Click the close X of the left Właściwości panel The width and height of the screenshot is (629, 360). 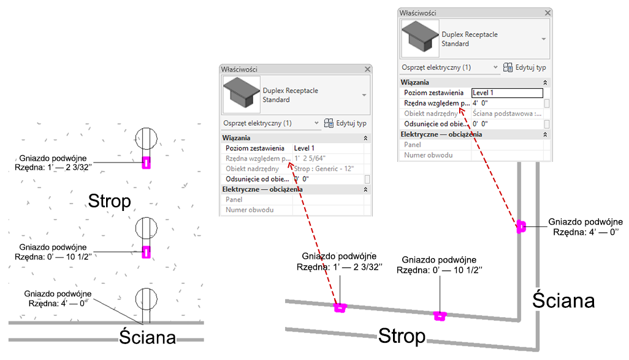pyautogui.click(x=367, y=69)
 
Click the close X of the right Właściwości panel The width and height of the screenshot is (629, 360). pyautogui.click(x=547, y=13)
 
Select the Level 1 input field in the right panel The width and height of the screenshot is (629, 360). pyautogui.click(x=507, y=93)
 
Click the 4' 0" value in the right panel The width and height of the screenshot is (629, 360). pyautogui.click(x=480, y=103)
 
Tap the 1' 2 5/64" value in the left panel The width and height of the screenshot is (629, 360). pyautogui.click(x=310, y=158)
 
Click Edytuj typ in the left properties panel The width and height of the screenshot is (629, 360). pyautogui.click(x=345, y=123)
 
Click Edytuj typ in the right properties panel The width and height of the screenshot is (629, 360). pyautogui.click(x=525, y=67)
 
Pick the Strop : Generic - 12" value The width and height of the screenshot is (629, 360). pyautogui.click(x=324, y=169)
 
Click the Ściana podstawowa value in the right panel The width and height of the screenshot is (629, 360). pyautogui.click(x=507, y=113)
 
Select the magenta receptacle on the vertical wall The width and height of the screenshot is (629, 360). pyautogui.click(x=520, y=226)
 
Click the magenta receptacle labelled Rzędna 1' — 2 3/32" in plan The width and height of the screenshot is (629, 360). pyautogui.click(x=146, y=163)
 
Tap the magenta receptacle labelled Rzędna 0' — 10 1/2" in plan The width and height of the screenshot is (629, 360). pyautogui.click(x=146, y=252)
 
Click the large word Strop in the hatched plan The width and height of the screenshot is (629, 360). pyautogui.click(x=110, y=201)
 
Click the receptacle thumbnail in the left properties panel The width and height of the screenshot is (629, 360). pyautogui.click(x=242, y=94)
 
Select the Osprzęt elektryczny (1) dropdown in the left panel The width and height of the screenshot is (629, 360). pyautogui.click(x=271, y=123)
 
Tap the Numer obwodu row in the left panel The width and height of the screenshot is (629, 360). pyautogui.click(x=250, y=210)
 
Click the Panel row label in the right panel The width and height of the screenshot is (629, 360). pyautogui.click(x=413, y=145)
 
